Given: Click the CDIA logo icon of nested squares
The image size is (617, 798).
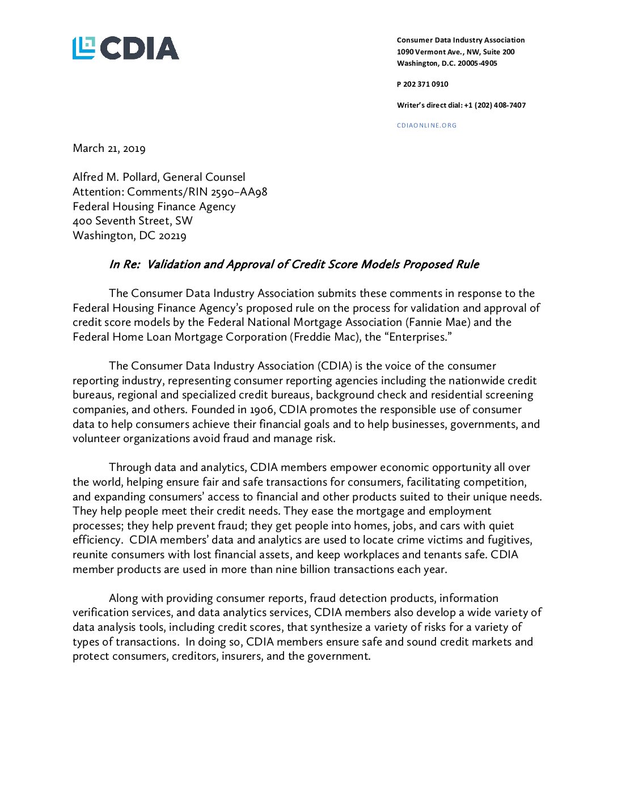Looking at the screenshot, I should (x=83, y=48).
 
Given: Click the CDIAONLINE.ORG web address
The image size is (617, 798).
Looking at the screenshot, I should (x=426, y=125).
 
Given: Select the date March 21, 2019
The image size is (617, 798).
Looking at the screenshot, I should (x=109, y=148).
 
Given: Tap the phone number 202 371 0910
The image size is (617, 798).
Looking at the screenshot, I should (x=425, y=84).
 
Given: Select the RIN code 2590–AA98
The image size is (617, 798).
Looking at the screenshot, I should (x=239, y=192).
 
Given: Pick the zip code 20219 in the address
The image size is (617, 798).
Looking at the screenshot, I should (x=172, y=236).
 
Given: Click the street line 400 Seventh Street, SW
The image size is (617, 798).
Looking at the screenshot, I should (x=133, y=221).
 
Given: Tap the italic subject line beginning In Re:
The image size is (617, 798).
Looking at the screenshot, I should (x=294, y=265).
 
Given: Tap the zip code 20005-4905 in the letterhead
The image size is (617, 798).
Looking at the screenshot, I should (x=477, y=63).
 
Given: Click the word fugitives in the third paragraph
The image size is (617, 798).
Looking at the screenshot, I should (x=509, y=540).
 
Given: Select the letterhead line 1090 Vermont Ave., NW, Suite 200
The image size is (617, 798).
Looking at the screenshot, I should (x=455, y=52).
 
